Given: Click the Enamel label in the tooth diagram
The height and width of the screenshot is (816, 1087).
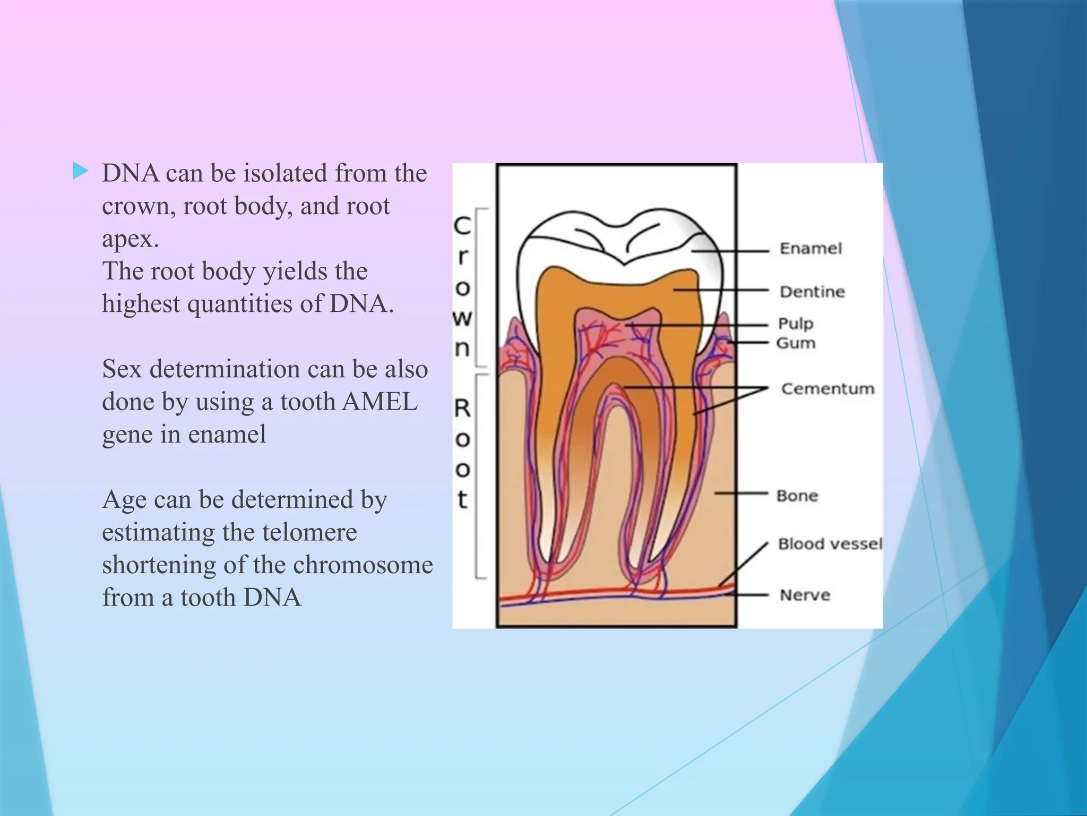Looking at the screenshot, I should tap(810, 249).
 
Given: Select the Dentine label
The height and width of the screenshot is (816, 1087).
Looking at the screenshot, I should tap(812, 292).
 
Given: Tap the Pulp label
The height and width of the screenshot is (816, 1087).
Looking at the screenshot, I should tap(796, 324).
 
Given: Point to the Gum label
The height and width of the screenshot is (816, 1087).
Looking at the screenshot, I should tap(796, 343).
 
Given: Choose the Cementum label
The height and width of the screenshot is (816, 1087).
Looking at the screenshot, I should tap(827, 389).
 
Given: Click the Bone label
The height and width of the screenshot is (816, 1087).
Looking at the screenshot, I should tap(797, 496).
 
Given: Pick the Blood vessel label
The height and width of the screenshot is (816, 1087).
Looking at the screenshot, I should tap(830, 543).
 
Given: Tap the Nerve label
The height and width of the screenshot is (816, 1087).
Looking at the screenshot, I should tap(805, 595).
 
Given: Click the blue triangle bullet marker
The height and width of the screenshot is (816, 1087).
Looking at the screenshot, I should tap(80, 171).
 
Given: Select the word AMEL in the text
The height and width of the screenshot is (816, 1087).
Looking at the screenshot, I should tap(379, 402).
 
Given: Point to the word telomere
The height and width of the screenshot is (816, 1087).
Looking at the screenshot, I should tap(308, 532).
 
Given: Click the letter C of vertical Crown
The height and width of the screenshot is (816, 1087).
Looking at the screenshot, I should tap(462, 226).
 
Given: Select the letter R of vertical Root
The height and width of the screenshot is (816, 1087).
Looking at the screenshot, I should tap(462, 409).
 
